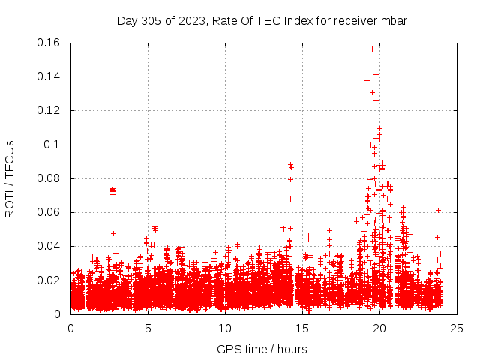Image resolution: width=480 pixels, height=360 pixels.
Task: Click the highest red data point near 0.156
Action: click(372, 49)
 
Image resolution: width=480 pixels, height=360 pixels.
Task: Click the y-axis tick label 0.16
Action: click(49, 43)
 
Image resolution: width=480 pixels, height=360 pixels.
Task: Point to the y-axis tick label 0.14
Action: click(49, 76)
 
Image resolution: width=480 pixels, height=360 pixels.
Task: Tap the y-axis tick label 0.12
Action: click(49, 110)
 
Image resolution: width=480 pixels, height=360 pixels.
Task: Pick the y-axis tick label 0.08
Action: click(49, 178)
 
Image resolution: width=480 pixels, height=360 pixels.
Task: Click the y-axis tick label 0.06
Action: click(49, 212)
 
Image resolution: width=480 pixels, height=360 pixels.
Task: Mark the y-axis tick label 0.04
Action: click(49, 246)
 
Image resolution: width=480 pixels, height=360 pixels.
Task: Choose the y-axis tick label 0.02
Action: click(49, 280)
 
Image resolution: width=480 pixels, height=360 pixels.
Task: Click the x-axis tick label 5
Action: click(148, 328)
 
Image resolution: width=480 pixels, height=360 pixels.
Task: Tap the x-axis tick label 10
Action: click(225, 328)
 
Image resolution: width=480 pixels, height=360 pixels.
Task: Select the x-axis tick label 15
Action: click(302, 328)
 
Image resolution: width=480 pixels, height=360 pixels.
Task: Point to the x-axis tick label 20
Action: click(379, 328)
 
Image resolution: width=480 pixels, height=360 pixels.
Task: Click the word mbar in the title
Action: click(394, 20)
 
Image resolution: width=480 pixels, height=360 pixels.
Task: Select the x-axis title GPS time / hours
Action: click(262, 349)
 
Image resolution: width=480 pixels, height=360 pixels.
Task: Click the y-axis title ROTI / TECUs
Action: click(10, 178)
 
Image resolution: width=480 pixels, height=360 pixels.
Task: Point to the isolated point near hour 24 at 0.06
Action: click(438, 210)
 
